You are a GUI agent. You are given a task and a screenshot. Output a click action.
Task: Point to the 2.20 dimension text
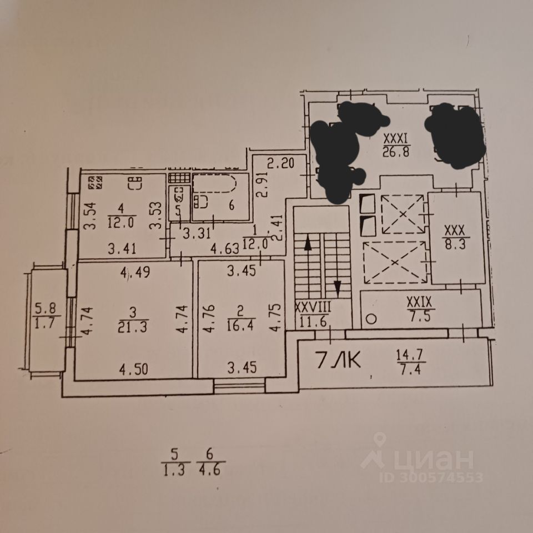[x=279, y=164]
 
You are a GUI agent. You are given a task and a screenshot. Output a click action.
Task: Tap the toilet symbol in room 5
[x=179, y=195]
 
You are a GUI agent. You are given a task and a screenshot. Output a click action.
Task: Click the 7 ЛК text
[x=339, y=361]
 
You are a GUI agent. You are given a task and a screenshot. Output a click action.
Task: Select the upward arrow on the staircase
[x=306, y=242]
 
